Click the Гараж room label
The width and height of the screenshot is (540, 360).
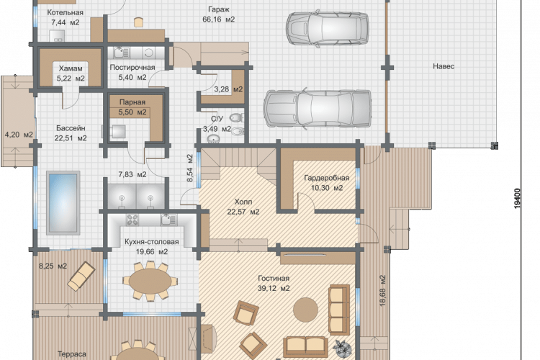click(219, 9)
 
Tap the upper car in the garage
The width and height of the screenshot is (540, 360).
click(328, 29)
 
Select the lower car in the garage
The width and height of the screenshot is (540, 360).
click(318, 108)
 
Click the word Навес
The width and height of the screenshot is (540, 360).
click(444, 66)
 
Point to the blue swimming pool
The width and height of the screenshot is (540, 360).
click(63, 203)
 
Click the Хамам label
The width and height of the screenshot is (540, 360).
click(71, 68)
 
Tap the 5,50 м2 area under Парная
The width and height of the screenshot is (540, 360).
click(132, 112)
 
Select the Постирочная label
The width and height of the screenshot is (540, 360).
click(132, 67)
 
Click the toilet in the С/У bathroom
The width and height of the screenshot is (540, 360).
click(237, 118)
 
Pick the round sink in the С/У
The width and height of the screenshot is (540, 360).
click(214, 139)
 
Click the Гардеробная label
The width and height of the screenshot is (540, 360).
click(326, 178)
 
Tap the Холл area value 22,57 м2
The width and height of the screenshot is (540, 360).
click(243, 212)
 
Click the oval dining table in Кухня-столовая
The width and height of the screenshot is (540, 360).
click(150, 282)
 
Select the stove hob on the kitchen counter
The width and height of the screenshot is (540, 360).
click(132, 220)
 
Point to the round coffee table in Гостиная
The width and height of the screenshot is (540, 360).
click(305, 310)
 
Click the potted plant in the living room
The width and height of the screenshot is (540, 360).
click(343, 348)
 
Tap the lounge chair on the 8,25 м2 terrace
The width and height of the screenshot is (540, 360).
click(81, 276)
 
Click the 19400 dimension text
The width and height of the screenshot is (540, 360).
click(517, 199)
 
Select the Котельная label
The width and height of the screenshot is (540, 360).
click(65, 12)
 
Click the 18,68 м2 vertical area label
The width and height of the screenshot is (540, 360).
click(382, 290)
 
